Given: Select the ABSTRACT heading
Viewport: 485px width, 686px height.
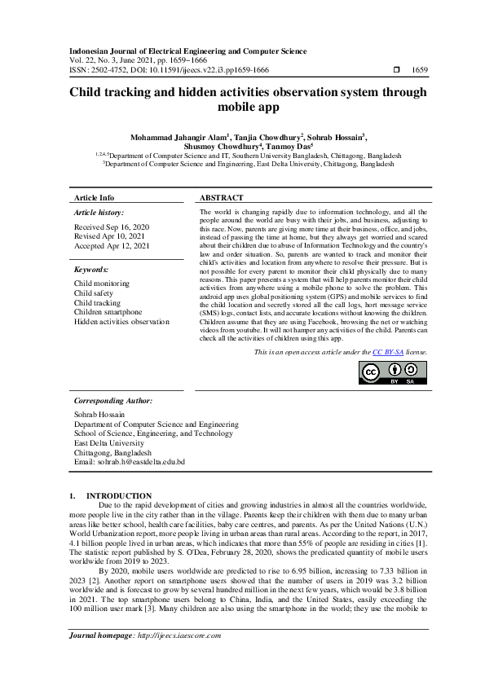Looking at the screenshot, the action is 222,197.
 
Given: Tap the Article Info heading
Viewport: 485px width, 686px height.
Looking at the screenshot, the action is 95,197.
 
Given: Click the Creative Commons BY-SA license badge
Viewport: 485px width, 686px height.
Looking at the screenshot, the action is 394,372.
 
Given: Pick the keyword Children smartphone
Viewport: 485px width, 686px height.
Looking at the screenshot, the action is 108,312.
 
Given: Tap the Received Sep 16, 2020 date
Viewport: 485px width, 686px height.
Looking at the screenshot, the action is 112,226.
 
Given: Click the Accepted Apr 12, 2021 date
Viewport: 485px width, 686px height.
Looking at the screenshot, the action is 112,245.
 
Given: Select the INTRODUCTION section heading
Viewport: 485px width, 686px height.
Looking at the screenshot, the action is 119,495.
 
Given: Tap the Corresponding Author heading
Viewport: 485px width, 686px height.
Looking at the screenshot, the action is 112,401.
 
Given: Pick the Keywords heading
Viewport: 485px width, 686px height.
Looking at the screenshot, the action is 90,269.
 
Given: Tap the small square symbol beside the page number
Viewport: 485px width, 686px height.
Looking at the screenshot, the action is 397,71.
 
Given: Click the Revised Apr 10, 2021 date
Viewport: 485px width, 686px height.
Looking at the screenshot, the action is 110,236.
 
